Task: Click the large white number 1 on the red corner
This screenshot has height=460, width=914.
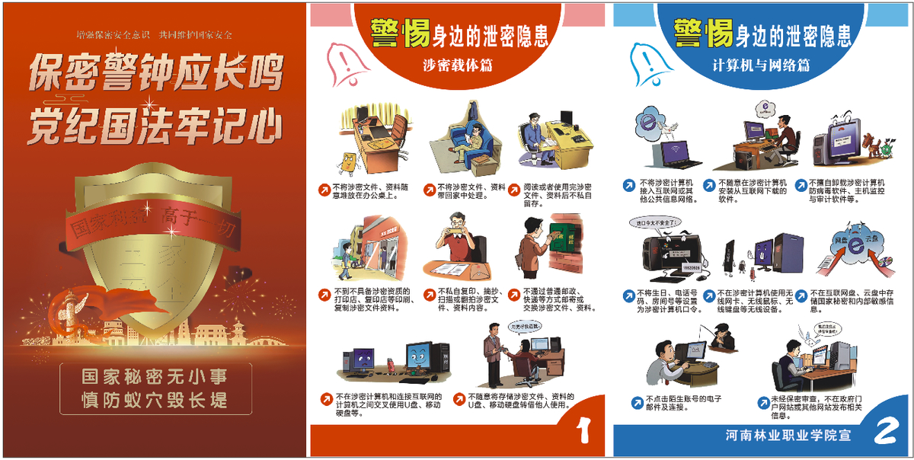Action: tap(584, 430)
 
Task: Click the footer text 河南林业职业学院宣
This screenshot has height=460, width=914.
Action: tap(788, 435)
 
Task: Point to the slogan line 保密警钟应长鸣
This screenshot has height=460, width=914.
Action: tap(155, 75)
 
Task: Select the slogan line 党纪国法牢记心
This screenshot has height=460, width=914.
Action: tap(155, 124)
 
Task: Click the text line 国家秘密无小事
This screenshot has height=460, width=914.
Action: tap(155, 375)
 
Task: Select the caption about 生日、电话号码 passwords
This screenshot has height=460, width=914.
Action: tap(663, 301)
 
